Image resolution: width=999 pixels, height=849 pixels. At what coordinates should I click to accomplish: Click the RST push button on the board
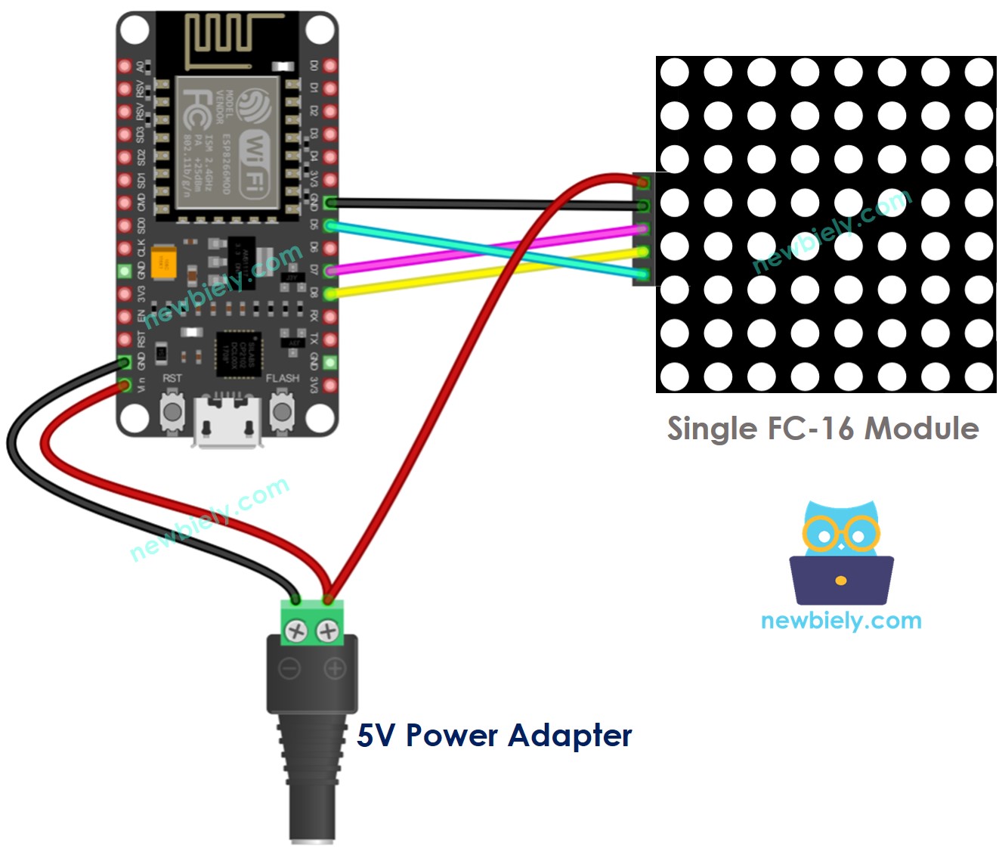[x=172, y=413]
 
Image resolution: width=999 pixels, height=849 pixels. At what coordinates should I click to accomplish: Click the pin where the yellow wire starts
[x=329, y=293]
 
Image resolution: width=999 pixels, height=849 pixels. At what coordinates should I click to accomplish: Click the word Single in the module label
[x=712, y=429]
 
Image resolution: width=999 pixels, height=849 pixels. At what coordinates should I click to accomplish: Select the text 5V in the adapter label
[x=376, y=735]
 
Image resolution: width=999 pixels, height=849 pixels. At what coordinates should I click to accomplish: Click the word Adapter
[x=570, y=735]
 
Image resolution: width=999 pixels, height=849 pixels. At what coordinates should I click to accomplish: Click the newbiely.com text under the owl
[x=840, y=621]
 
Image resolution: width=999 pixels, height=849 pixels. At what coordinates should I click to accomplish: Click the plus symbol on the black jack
[x=335, y=668]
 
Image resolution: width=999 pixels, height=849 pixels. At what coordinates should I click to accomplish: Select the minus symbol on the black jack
[x=289, y=668]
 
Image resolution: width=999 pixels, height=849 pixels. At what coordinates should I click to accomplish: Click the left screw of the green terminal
[x=296, y=631]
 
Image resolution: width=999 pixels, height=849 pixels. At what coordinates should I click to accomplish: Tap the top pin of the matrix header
[x=643, y=183]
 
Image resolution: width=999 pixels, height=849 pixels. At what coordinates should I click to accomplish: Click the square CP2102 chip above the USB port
[x=237, y=353]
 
